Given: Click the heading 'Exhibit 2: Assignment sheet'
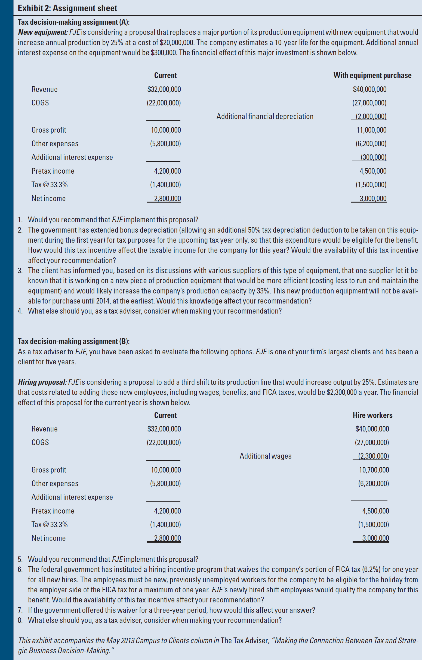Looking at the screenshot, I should [x=67, y=8].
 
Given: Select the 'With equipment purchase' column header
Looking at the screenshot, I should [x=372, y=75].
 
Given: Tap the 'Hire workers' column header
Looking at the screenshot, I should [x=372, y=415].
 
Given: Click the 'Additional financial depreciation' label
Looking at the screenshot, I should [x=265, y=117].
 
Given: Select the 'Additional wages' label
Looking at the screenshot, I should [x=265, y=456].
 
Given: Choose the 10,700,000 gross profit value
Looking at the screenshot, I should [x=374, y=470].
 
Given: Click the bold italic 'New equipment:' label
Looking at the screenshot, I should [x=43, y=32].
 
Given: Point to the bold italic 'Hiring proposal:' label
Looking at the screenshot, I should [x=42, y=382].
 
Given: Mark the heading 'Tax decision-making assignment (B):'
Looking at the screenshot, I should [x=73, y=341].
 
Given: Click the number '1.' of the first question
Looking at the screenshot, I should [x=20, y=220].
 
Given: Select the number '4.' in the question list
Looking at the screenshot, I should [x=20, y=311].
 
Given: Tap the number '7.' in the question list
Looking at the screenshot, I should [x=20, y=610].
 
